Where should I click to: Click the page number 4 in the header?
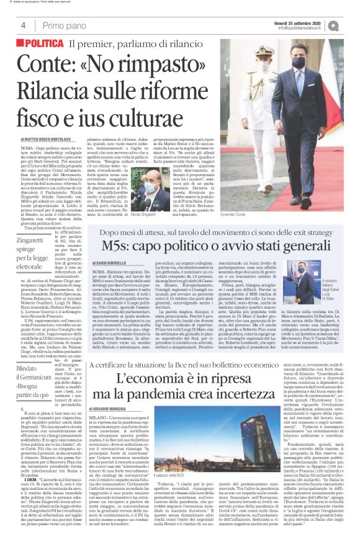(x=23, y=25)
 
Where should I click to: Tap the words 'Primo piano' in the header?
(x=65, y=25)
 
